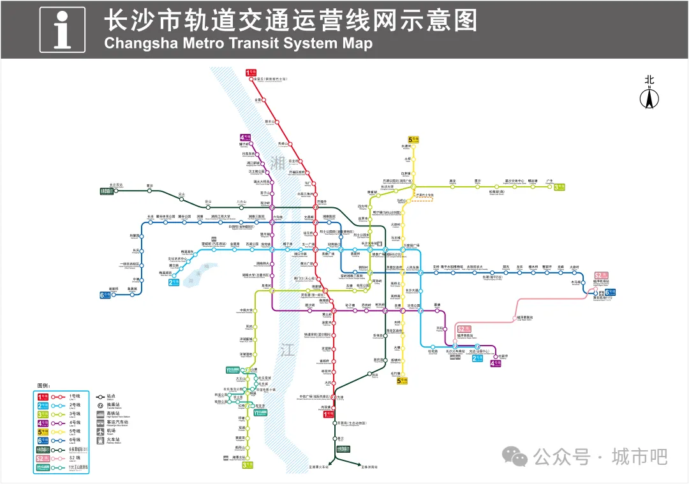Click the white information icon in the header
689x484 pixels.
[x=62, y=29]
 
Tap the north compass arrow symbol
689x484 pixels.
[x=649, y=98]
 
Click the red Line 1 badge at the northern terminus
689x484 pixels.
[x=250, y=73]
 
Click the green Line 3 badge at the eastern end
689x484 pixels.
[x=559, y=187]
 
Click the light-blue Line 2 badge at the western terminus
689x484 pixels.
[x=174, y=282]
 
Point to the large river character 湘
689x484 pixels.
[x=277, y=162]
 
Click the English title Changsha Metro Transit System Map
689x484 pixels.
[x=237, y=43]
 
